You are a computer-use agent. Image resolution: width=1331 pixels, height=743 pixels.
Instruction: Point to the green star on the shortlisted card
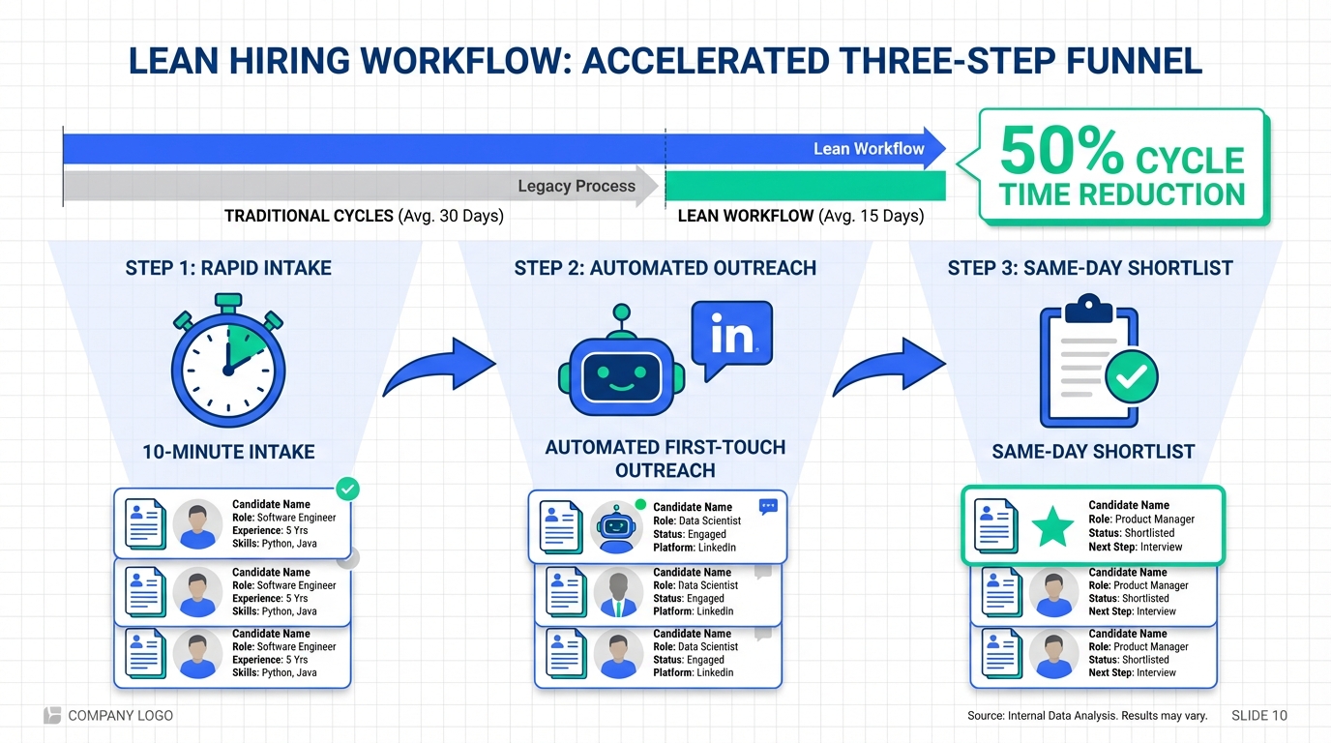1052,527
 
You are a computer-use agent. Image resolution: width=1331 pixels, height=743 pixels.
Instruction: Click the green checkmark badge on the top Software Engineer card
347,489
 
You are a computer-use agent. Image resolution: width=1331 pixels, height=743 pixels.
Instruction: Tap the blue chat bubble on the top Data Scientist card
768,506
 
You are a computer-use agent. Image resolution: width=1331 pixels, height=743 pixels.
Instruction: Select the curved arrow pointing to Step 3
889,369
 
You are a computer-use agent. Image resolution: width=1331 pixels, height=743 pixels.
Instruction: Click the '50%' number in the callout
1062,152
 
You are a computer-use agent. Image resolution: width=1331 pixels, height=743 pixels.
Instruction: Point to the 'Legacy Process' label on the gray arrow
577,186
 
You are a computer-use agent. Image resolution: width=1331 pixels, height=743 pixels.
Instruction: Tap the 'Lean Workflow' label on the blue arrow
869,148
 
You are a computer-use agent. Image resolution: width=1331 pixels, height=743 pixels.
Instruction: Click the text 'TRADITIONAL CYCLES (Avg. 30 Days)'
364,216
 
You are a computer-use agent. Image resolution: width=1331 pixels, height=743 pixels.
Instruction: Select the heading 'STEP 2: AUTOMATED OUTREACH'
665,268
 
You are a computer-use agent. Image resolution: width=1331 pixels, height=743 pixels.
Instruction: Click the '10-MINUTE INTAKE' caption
228,451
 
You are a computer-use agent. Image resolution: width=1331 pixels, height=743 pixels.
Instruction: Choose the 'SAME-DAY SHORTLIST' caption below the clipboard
1093,451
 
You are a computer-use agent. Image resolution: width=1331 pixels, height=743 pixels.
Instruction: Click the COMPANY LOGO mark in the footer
52,715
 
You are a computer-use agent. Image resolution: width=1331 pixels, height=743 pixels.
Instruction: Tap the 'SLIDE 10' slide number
1259,716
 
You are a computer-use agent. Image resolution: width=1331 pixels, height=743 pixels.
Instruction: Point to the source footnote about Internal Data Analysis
1087,716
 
